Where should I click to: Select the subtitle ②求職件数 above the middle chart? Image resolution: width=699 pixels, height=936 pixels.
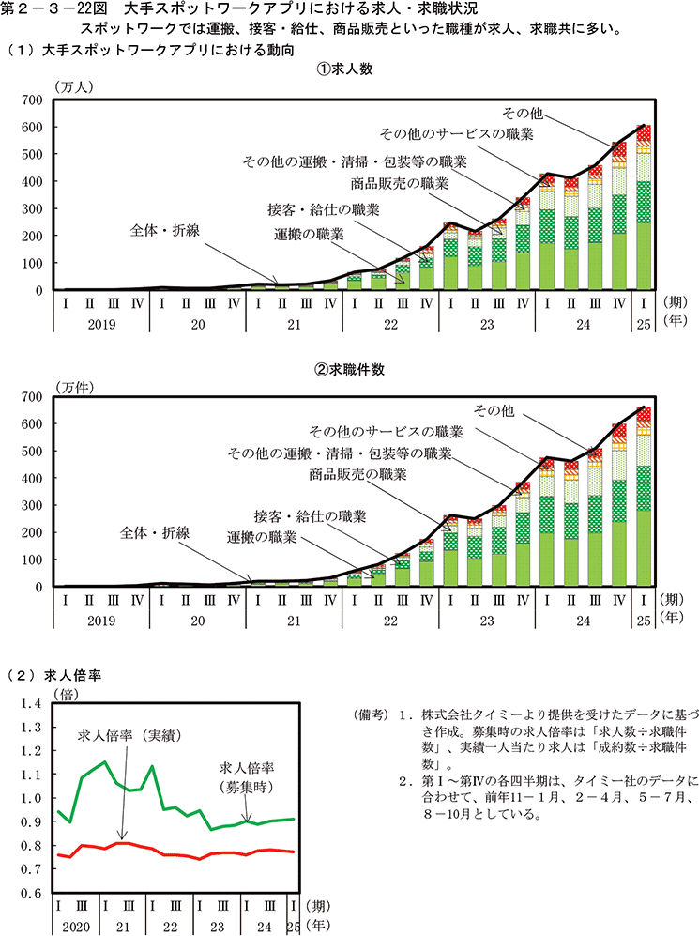349,369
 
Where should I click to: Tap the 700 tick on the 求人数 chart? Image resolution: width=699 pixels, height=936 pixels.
32,100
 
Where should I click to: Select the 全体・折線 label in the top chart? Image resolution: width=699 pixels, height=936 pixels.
165,229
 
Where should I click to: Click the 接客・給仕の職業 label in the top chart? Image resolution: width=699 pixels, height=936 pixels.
324,207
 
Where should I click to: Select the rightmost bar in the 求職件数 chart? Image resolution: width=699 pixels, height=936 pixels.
644,507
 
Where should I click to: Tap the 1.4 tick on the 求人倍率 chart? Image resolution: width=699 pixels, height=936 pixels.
32,702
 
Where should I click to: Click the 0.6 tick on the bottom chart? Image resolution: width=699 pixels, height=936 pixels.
32,894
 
